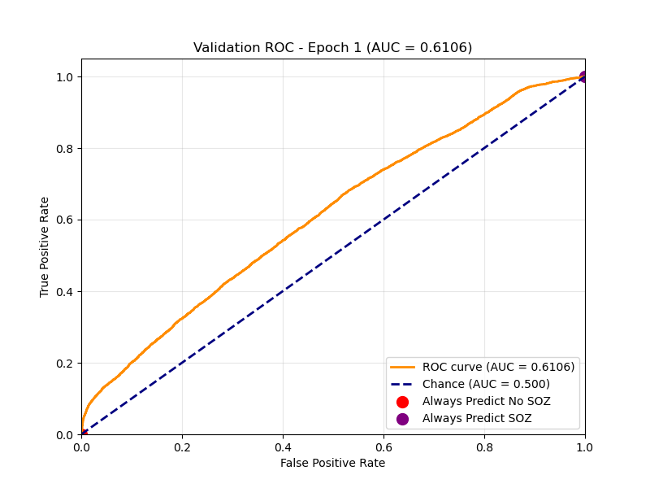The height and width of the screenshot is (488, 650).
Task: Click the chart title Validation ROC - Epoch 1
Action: [x=332, y=48]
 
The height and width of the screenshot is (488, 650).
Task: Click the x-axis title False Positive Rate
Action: [x=332, y=463]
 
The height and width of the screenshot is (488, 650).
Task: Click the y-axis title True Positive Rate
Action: [x=45, y=246]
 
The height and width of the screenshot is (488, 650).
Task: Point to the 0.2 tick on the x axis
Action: [x=182, y=447]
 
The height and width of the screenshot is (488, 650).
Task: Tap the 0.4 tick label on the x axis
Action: [x=283, y=447]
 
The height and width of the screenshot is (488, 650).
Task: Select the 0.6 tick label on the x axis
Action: [x=383, y=447]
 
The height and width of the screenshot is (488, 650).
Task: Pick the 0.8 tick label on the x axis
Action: [x=484, y=447]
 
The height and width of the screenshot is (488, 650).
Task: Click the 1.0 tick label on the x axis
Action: [x=584, y=447]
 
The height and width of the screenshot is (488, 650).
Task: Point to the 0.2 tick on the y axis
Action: [x=65, y=363]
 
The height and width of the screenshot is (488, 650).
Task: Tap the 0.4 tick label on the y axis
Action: [x=65, y=291]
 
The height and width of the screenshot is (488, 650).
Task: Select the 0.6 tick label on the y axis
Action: [x=65, y=220]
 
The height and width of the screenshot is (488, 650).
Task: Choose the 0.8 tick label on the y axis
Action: [x=65, y=148]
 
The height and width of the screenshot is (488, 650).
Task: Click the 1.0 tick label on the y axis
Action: [x=65, y=76]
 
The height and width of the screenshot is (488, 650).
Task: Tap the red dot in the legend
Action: [x=402, y=401]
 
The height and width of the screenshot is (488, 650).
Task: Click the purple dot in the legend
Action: [x=402, y=418]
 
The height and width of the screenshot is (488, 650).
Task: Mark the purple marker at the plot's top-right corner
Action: [x=583, y=76]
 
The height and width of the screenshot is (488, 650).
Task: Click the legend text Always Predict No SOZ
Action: [x=486, y=401]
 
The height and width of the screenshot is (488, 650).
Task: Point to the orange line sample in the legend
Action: [x=402, y=367]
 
